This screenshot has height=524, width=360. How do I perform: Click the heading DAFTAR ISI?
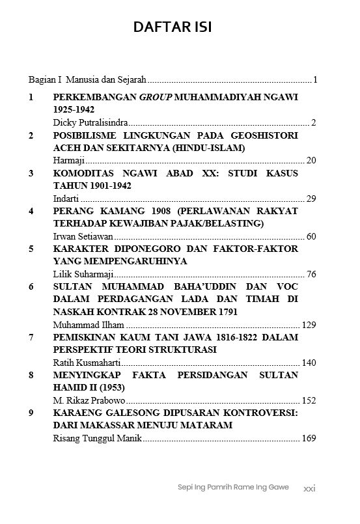tap(173, 27)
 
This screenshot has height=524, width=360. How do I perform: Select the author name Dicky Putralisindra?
tap(90, 122)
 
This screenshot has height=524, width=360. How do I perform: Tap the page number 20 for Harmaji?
tap(311, 160)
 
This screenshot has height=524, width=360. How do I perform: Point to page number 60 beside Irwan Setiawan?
tap(311, 236)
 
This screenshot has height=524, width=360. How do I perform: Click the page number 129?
tap(308, 325)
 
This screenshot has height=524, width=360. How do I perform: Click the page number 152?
tap(308, 401)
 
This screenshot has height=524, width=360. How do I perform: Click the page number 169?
tap(308, 439)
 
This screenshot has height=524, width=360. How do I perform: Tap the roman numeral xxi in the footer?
tap(309, 488)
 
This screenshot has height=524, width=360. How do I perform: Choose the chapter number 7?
tap(31, 337)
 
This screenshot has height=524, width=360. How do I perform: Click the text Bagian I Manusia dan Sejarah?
tap(87, 80)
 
